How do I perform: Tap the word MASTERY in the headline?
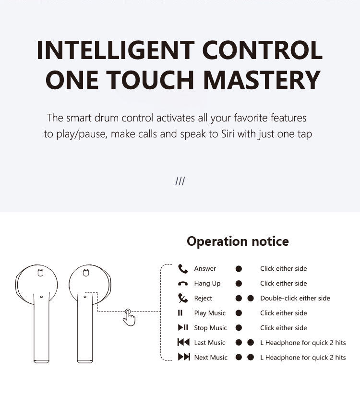(x=262, y=80)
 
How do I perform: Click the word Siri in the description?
(x=228, y=134)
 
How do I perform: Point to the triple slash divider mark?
(x=180, y=181)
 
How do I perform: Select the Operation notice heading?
(x=238, y=241)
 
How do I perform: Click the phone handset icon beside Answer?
(x=183, y=269)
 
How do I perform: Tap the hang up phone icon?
(x=183, y=284)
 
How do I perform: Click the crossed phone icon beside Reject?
(x=183, y=298)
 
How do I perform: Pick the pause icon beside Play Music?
(x=180, y=313)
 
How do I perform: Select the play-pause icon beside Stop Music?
(x=183, y=327)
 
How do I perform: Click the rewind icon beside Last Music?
(x=183, y=342)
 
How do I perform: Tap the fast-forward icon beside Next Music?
(x=184, y=357)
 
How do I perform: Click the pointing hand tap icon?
(x=130, y=317)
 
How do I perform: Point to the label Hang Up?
(x=207, y=283)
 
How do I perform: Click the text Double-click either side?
(x=295, y=298)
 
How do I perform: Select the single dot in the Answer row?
(x=239, y=269)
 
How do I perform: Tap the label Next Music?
(x=211, y=358)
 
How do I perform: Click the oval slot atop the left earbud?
(x=41, y=273)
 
